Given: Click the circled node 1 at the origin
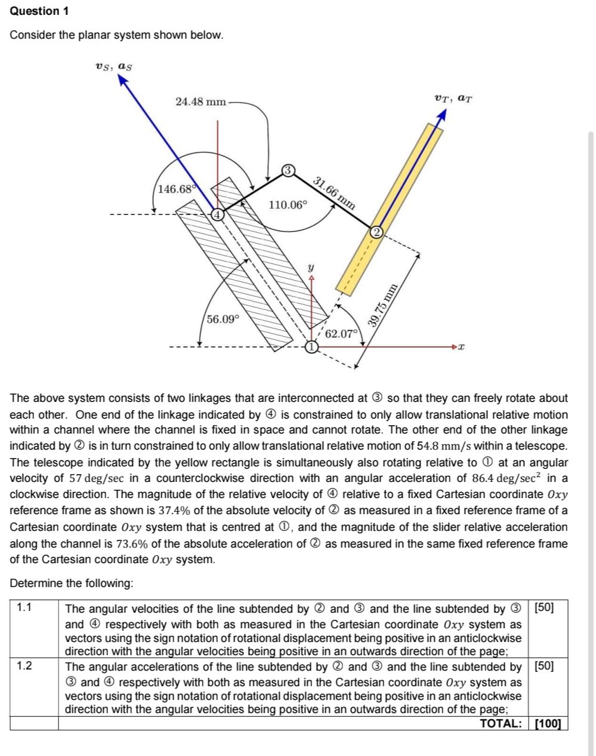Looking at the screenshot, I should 311,346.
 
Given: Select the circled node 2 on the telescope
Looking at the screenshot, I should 376,232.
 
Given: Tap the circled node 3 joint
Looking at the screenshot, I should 288,171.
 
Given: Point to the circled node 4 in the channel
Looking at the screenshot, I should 218,214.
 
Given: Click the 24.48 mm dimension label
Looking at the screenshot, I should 201,102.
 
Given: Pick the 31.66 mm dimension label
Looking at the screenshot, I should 334,192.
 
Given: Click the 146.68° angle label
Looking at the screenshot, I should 176,189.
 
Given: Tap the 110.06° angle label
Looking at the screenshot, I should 288,205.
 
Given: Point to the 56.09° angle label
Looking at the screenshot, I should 223,319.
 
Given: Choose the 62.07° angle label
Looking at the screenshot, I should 341,333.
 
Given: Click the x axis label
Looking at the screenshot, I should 461,346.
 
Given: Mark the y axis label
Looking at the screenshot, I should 310,268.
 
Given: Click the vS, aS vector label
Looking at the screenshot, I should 113,66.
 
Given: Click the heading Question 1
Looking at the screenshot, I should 35,11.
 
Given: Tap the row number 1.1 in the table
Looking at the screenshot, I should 24,609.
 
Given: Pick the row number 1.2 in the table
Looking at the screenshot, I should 24,666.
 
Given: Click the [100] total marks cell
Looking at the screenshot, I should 548,723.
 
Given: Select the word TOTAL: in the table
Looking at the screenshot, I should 501,723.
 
